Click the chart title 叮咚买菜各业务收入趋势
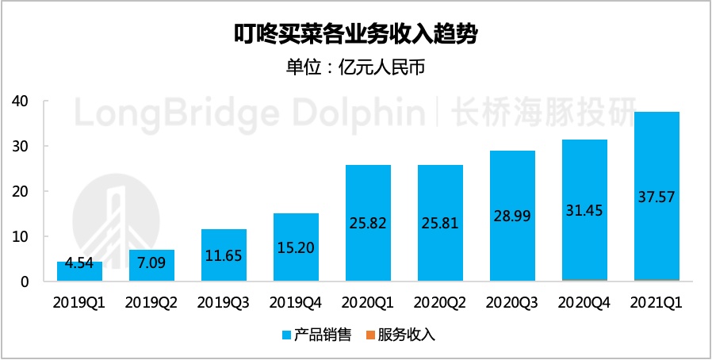click(x=356, y=35)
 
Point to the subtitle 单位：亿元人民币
click(x=356, y=67)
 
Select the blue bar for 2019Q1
click(x=80, y=271)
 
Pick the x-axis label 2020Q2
click(x=441, y=301)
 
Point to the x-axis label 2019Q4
click(x=297, y=301)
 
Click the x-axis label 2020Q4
click(x=584, y=301)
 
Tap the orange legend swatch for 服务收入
click(x=376, y=335)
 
